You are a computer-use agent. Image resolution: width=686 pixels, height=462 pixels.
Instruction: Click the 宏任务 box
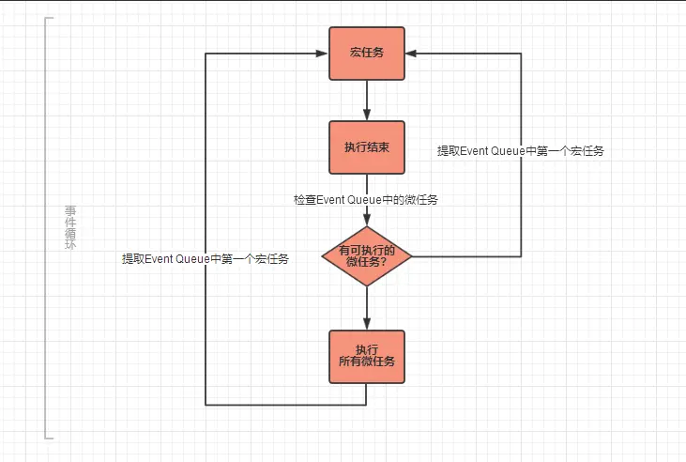[366, 53]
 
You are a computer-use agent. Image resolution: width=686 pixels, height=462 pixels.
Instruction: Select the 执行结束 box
[366, 147]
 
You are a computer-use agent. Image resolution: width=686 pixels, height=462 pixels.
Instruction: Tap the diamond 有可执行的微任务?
[366, 255]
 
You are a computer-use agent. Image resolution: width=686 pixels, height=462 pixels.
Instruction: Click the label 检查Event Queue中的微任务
[366, 199]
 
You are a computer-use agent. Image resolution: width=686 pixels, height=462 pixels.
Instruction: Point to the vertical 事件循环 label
[69, 227]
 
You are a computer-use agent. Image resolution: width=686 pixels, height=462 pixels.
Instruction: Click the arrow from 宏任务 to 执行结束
[366, 100]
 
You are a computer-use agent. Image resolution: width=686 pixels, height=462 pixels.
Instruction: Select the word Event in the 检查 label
[331, 199]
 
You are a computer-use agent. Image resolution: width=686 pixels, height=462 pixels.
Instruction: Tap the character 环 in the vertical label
[69, 245]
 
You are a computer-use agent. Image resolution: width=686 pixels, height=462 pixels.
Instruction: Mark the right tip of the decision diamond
[412, 255]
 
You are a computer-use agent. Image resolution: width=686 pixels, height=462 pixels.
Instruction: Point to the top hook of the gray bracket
[50, 18]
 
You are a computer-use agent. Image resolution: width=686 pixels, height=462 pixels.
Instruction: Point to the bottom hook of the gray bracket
[50, 438]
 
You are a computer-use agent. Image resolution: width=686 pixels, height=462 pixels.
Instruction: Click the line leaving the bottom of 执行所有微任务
[366, 394]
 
